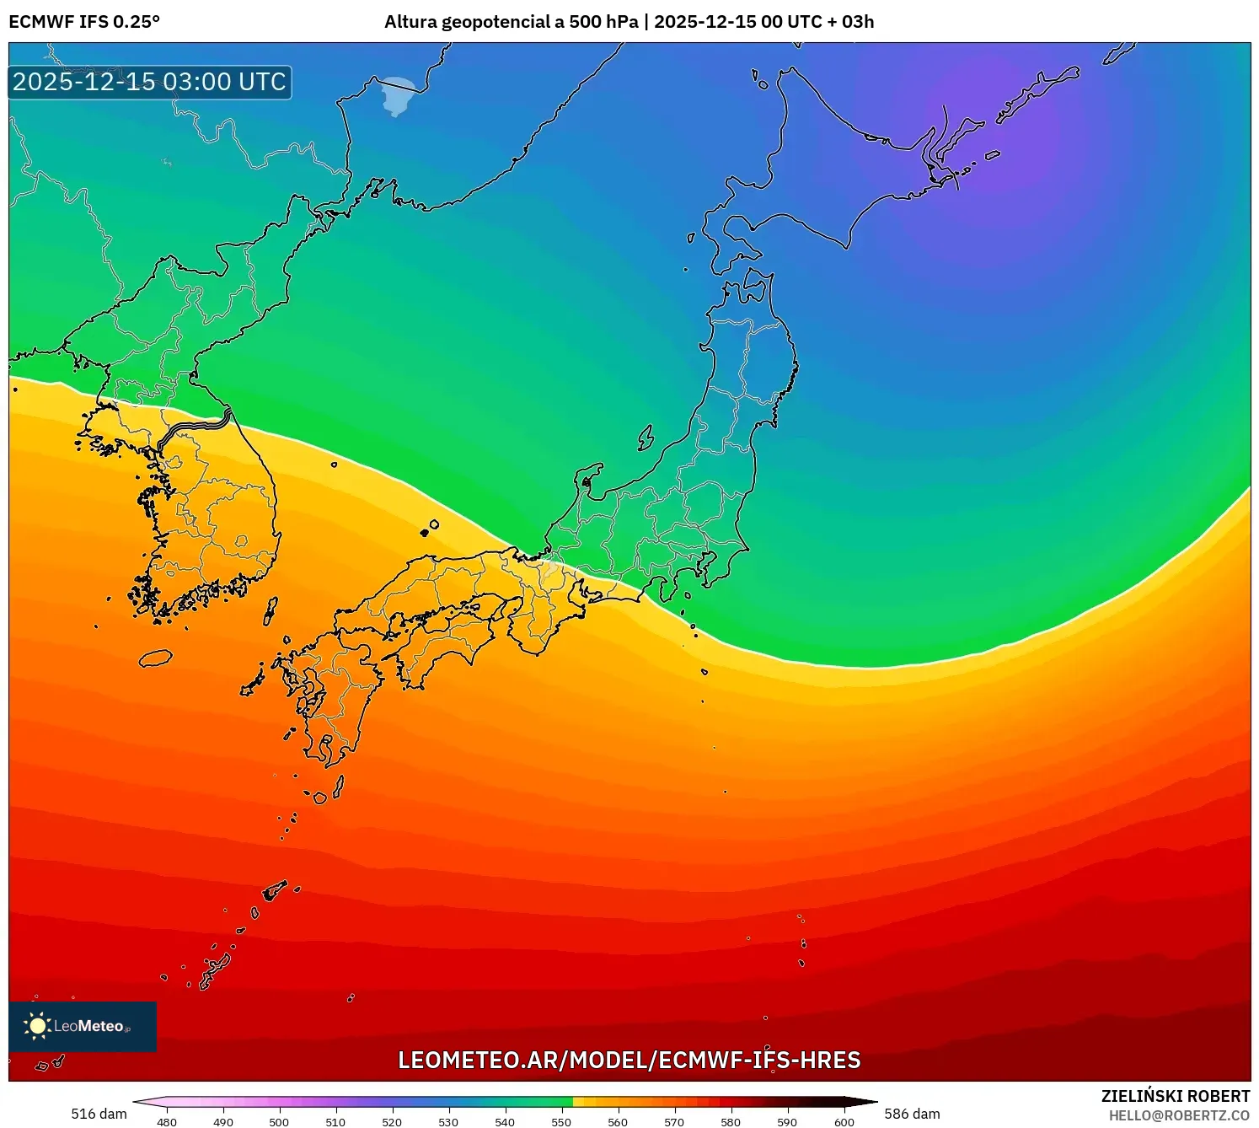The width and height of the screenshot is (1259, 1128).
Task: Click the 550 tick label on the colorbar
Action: (561, 1122)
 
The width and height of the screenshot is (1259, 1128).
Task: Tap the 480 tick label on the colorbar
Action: (167, 1122)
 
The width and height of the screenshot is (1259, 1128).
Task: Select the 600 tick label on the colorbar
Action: (844, 1122)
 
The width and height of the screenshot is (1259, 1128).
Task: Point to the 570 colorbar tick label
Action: (674, 1122)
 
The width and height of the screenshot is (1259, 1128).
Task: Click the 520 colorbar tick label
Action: (392, 1122)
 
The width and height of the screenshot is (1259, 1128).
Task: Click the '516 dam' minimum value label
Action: (99, 1114)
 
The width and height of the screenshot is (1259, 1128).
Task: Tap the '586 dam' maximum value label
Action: (912, 1114)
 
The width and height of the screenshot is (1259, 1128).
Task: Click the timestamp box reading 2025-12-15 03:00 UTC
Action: (150, 82)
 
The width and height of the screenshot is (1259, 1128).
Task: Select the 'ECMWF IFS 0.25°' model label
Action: (84, 22)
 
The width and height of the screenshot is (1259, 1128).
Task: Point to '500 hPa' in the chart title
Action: (603, 22)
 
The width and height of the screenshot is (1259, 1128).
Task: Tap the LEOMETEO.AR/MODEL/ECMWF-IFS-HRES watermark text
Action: (629, 1060)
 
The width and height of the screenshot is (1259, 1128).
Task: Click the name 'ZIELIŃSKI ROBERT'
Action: (1176, 1096)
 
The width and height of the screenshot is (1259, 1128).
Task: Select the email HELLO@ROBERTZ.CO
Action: (1179, 1115)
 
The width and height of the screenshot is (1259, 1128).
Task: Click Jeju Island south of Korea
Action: (155, 658)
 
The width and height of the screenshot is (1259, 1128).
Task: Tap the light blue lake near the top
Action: (399, 94)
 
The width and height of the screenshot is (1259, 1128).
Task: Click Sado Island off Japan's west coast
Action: (646, 438)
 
